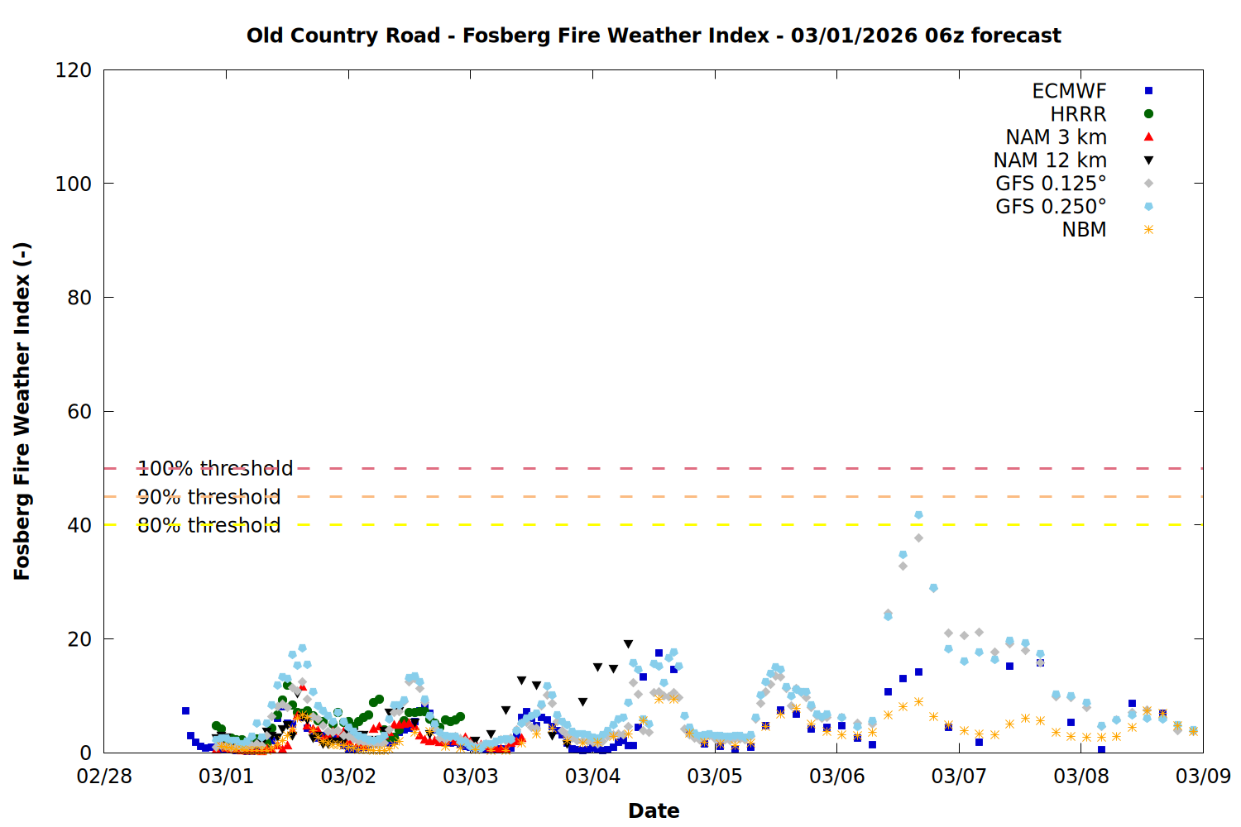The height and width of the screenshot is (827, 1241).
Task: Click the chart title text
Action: (654, 36)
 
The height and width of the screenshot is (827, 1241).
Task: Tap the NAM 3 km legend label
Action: (1056, 136)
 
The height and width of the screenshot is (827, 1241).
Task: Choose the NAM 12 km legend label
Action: (1050, 160)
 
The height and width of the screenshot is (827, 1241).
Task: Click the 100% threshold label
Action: (215, 469)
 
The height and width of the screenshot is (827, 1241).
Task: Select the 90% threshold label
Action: (208, 497)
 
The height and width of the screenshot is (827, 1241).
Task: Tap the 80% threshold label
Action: (208, 525)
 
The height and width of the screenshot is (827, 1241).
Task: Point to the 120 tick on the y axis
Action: (73, 70)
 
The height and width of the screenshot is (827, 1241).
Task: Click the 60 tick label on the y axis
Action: (79, 412)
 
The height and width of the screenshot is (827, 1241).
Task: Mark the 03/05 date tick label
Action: (715, 776)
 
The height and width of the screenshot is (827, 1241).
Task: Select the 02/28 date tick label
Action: (104, 776)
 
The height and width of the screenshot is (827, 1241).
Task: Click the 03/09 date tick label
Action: (1203, 776)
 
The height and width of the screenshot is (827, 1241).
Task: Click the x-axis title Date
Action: (654, 811)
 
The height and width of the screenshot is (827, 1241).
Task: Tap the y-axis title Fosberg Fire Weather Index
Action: (22, 412)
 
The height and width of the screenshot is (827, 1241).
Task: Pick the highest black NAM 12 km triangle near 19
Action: (628, 644)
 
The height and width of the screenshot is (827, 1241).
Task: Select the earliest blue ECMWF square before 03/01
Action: (185, 710)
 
